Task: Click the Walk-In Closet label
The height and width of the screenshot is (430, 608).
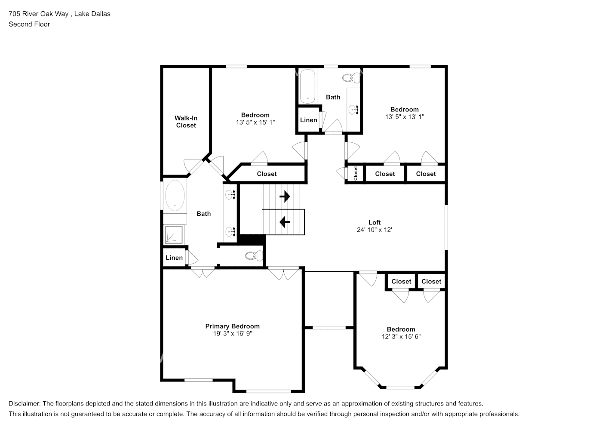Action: (186, 122)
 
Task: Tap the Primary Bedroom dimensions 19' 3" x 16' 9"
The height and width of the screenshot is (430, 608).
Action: (232, 333)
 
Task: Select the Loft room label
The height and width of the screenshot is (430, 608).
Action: (374, 222)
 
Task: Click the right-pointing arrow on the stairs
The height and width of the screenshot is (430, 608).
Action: (285, 197)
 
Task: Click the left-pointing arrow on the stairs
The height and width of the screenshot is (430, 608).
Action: (284, 222)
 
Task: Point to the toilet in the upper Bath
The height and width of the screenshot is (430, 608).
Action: (351, 78)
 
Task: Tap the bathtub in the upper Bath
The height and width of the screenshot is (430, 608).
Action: (307, 86)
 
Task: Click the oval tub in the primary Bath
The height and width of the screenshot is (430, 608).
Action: (175, 196)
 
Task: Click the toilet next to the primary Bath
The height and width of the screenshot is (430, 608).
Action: (254, 256)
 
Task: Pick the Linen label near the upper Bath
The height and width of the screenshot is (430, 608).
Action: (308, 120)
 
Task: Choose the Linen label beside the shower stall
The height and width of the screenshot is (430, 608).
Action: (174, 258)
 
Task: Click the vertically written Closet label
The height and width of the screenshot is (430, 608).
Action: (356, 173)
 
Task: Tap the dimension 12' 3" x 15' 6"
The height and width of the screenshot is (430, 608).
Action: (401, 337)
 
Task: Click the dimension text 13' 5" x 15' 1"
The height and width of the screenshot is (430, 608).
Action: (255, 122)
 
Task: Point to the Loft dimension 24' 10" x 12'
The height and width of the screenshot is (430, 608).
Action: (374, 230)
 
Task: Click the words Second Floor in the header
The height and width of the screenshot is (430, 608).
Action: (29, 24)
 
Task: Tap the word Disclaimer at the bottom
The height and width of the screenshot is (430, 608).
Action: (24, 404)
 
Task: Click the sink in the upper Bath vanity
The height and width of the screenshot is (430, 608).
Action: (354, 109)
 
